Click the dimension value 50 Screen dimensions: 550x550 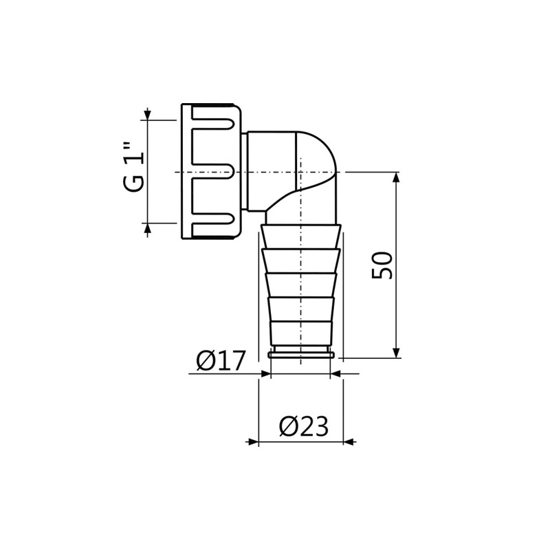383,265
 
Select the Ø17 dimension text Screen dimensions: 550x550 220,360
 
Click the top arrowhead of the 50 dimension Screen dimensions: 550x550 396,177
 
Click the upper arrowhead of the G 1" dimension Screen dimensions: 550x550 147,114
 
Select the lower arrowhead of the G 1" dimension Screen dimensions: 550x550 147,228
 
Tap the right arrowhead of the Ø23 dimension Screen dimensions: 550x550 349,442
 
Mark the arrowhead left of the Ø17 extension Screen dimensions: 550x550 265,374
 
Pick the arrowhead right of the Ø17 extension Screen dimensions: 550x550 336,374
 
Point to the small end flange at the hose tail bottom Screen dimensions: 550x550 301,355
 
